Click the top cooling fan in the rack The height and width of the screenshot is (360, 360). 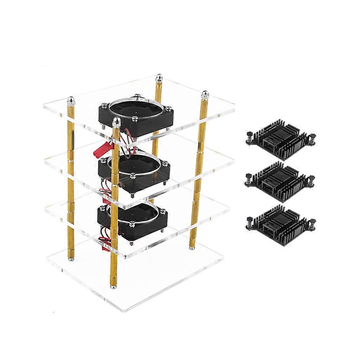pos(137,115)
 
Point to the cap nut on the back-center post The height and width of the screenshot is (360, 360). pos(159,77)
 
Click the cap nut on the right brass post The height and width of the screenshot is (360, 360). pos(205,95)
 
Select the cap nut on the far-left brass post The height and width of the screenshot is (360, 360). pos(71,101)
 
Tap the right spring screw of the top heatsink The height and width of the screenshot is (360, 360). pos(311,137)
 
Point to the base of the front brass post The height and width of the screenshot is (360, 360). pos(113,286)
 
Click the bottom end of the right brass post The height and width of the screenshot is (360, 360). pos(192,247)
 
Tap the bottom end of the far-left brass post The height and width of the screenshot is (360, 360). pos(71,259)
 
